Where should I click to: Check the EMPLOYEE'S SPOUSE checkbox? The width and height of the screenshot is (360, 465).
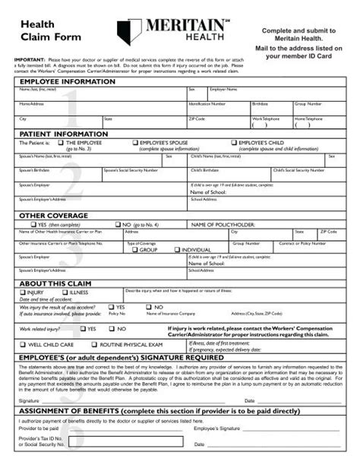(136, 142)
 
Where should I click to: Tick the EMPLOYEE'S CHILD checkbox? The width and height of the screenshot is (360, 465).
(234, 142)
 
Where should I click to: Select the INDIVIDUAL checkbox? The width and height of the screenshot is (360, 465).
(175, 249)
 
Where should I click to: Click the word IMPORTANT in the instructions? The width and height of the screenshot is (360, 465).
(29, 59)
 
